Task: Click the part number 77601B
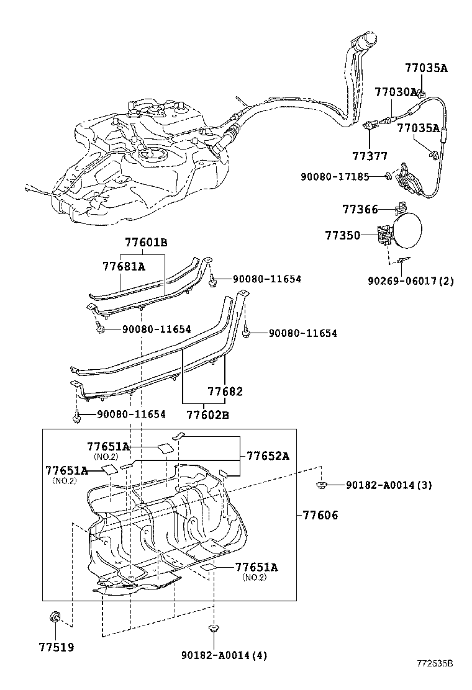(146, 243)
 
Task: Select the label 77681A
(124, 266)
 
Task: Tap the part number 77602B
(207, 414)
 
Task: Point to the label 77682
(225, 392)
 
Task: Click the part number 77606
(320, 514)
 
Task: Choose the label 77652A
(268, 455)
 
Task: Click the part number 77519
(55, 647)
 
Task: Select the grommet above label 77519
(55, 617)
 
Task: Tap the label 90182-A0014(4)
(224, 655)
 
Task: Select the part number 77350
(342, 235)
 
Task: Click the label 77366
(360, 210)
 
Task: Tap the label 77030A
(395, 92)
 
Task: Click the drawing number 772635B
(435, 680)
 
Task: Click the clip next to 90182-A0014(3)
(321, 484)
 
